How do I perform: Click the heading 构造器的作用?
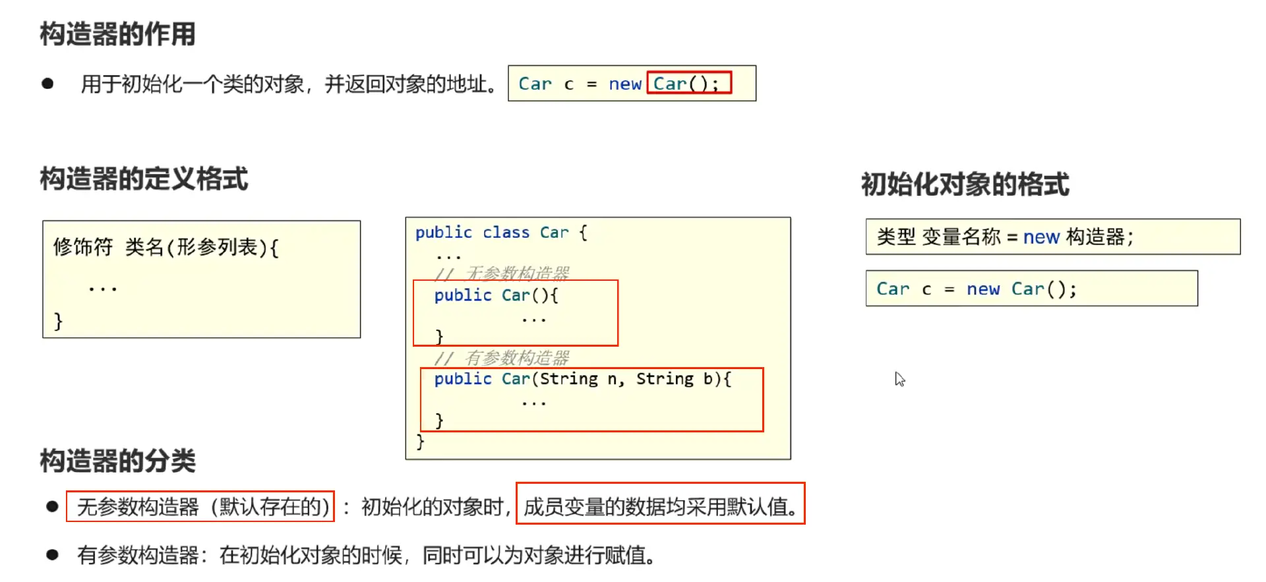[x=117, y=34]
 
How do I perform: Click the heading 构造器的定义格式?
[x=144, y=179]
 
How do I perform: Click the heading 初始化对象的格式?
[x=965, y=184]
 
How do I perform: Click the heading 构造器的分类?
[x=117, y=461]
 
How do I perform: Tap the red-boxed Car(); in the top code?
[x=687, y=84]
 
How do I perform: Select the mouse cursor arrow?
[x=899, y=379]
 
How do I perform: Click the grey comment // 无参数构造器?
[x=502, y=273]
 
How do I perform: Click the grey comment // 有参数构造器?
[x=502, y=358]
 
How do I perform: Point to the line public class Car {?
[x=500, y=233]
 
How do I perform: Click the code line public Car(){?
[x=496, y=295]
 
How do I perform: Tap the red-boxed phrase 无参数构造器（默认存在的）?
[x=200, y=506]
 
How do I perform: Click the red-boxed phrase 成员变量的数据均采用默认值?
[x=660, y=506]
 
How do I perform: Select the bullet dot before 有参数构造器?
[x=52, y=555]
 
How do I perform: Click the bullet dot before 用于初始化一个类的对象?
[x=47, y=84]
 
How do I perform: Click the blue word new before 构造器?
[x=1041, y=237]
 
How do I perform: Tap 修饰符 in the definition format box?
[x=83, y=247]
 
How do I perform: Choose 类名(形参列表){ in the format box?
[x=202, y=247]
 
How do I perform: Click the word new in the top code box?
[x=624, y=84]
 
